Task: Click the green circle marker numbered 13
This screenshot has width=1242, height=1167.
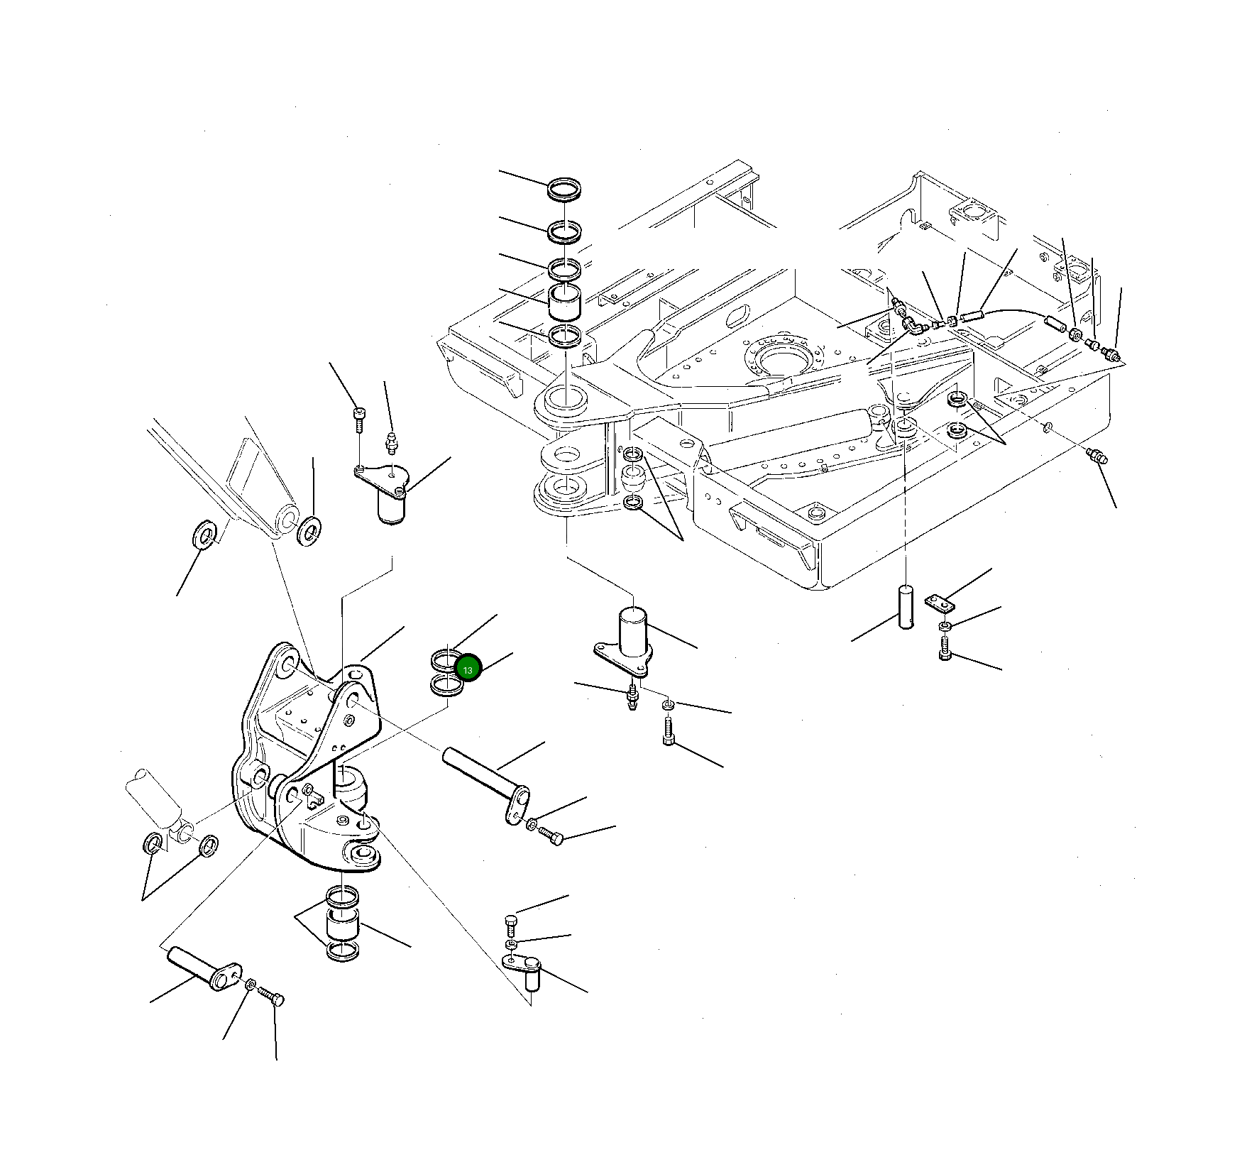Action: click(x=468, y=669)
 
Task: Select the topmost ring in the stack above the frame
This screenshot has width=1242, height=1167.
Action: click(x=564, y=190)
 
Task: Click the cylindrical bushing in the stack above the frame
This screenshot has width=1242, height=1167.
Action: click(x=566, y=304)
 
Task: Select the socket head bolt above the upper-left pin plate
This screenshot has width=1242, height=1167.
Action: click(x=358, y=420)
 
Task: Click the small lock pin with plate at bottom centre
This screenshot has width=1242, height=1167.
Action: click(x=524, y=967)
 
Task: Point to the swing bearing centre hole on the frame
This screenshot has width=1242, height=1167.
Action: click(x=780, y=358)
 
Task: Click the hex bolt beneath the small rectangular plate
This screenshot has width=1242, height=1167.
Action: click(x=944, y=648)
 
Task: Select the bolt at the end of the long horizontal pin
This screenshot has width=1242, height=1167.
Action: click(x=549, y=835)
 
